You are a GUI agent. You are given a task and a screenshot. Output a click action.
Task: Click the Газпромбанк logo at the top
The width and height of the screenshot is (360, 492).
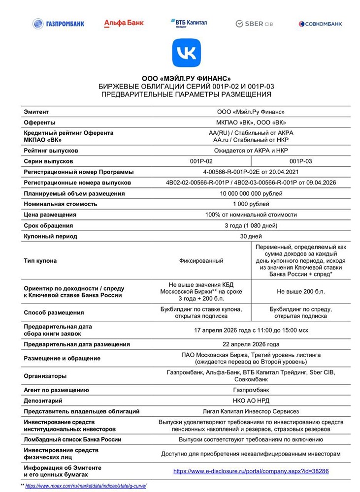(x=58, y=24)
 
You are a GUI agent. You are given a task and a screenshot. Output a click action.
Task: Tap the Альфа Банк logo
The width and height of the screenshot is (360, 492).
(x=123, y=23)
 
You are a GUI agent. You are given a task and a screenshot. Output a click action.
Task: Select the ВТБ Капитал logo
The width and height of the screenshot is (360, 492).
(x=189, y=23)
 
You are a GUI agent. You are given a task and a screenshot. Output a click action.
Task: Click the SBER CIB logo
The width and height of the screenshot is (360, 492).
(x=254, y=24)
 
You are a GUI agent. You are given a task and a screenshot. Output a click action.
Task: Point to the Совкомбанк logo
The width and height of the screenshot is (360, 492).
(x=320, y=24)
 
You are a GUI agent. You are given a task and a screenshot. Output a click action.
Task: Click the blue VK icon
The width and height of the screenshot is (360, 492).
(x=186, y=53)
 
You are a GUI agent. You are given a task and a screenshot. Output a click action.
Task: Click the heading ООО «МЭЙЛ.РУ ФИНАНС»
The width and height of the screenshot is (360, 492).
(x=186, y=78)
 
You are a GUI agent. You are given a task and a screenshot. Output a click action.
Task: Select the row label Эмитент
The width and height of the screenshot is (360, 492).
(x=36, y=112)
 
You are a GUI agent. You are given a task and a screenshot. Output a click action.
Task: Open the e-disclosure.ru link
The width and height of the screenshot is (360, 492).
(x=251, y=471)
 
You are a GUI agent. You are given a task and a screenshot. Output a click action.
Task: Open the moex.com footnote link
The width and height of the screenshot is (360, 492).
(x=86, y=486)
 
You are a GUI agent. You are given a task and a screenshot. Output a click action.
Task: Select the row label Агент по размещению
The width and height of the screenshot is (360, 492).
(x=56, y=390)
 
